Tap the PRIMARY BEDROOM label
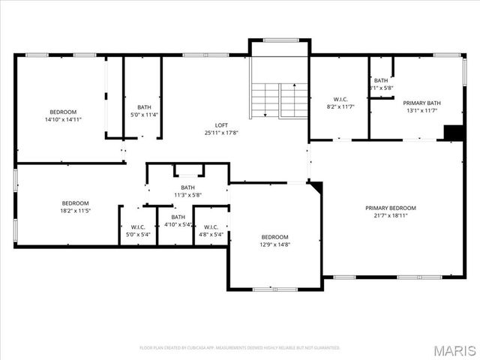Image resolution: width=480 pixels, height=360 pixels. (x=390, y=208)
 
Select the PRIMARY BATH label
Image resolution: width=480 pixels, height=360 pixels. (x=421, y=103)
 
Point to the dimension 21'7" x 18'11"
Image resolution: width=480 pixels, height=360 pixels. (x=390, y=215)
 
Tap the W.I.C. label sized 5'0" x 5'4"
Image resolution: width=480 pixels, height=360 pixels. (x=137, y=226)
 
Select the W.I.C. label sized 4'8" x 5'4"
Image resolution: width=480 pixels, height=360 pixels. (x=211, y=226)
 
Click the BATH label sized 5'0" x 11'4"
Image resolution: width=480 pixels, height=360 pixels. (x=143, y=107)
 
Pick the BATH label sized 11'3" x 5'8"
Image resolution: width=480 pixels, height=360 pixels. (x=187, y=187)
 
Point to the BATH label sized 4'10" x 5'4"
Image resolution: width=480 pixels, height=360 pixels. (x=178, y=217)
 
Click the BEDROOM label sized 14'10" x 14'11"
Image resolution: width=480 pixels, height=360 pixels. (x=63, y=112)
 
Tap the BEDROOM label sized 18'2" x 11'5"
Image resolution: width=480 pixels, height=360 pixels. (x=75, y=203)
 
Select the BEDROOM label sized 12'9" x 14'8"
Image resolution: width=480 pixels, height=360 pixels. (x=274, y=237)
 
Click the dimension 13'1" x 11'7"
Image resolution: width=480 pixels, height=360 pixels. (x=421, y=110)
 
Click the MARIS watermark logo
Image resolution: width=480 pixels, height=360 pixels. (x=456, y=349)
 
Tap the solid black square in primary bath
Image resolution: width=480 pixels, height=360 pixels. (x=454, y=133)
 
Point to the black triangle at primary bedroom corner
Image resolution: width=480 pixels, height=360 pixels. (x=316, y=186)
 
